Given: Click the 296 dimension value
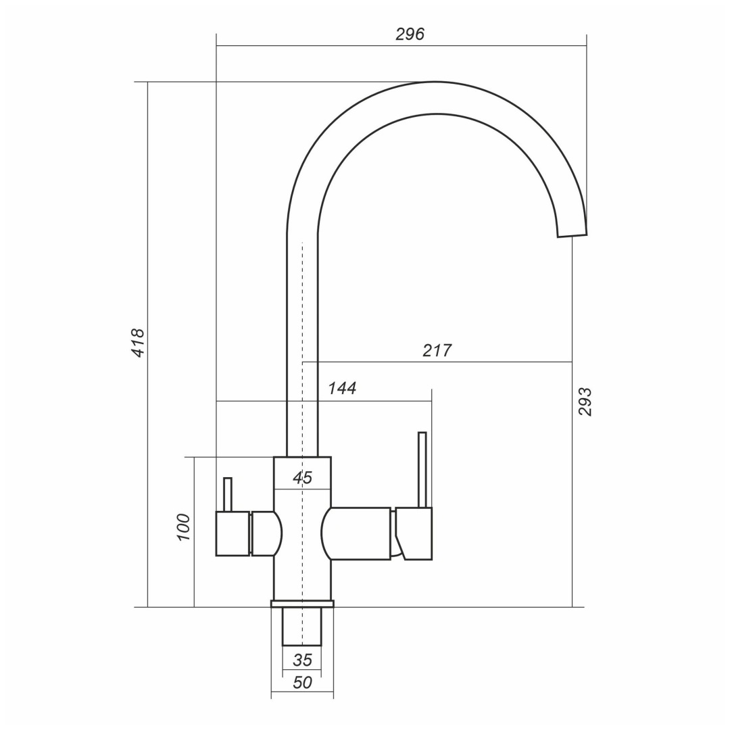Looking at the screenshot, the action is [x=410, y=34].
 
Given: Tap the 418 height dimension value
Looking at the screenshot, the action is [x=139, y=343].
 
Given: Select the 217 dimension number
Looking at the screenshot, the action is [x=437, y=350].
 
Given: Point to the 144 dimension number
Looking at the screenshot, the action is [x=342, y=388].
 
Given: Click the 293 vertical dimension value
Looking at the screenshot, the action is [x=585, y=401].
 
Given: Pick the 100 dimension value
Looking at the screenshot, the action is [x=184, y=527].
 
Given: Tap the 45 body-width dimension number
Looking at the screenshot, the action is [x=303, y=478].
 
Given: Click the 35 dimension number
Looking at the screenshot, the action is [x=303, y=660].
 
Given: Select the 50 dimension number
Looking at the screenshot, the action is [x=303, y=683].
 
